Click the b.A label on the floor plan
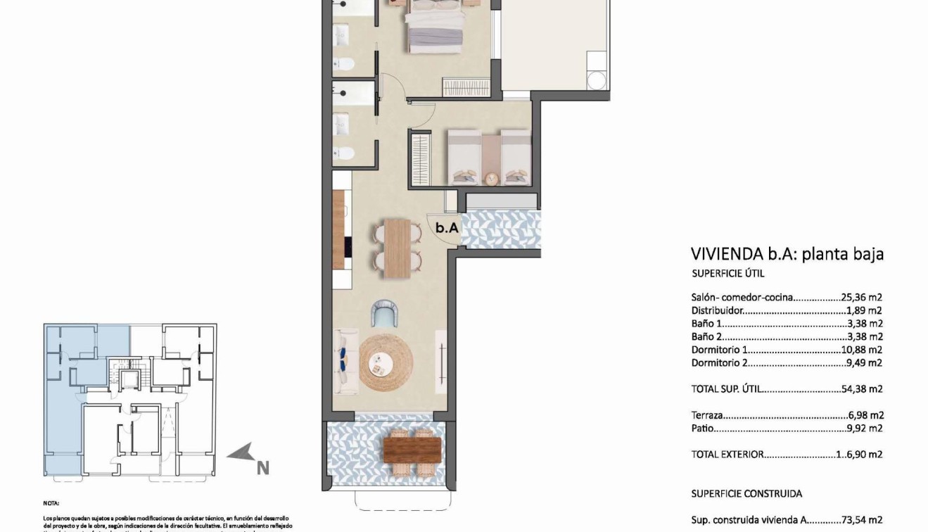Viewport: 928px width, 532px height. pyautogui.click(x=447, y=227)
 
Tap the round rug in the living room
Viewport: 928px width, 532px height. pyautogui.click(x=386, y=363)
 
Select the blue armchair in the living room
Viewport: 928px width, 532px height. pyautogui.click(x=385, y=313)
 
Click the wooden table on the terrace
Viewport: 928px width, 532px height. pyautogui.click(x=413, y=448)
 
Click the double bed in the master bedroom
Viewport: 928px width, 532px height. pyautogui.click(x=436, y=26)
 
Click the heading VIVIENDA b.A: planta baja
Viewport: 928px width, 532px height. pyautogui.click(x=787, y=254)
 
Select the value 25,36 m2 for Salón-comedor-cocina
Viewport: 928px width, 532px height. pyautogui.click(x=861, y=297)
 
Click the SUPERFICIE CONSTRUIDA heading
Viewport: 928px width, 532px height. pyautogui.click(x=746, y=493)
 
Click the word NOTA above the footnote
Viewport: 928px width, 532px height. pyautogui.click(x=51, y=503)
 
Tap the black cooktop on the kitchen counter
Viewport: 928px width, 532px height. pyautogui.click(x=347, y=246)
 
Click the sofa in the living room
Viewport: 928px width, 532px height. pyautogui.click(x=345, y=360)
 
